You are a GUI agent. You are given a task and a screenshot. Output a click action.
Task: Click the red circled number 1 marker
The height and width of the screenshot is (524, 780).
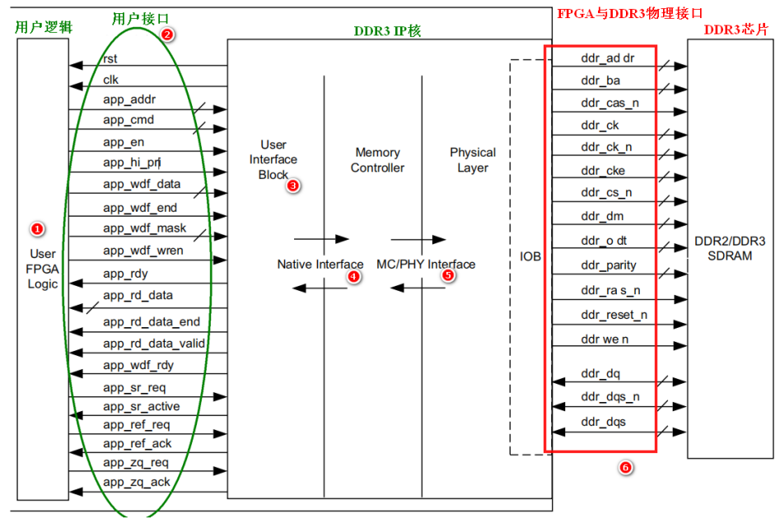click(x=37, y=229)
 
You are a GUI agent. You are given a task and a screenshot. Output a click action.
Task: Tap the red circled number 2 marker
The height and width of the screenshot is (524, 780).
click(x=167, y=35)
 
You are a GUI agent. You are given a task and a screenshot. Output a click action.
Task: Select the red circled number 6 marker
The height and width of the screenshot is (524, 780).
click(x=625, y=467)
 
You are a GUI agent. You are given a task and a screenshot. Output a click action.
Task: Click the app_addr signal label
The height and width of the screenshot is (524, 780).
click(x=129, y=100)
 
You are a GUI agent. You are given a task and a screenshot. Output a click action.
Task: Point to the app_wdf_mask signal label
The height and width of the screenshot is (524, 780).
click(x=144, y=228)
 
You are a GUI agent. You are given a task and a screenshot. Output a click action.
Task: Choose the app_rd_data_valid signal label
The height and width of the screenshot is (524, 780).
click(x=154, y=344)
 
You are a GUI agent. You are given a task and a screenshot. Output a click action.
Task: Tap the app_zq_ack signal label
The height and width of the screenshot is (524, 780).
click(x=136, y=482)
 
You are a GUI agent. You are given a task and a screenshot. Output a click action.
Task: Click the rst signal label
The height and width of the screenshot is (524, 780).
click(x=110, y=58)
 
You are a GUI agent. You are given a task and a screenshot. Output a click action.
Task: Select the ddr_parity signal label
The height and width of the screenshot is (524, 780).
click(x=609, y=265)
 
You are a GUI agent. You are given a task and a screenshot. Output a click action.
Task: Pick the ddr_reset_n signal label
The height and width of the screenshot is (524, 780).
click(x=614, y=315)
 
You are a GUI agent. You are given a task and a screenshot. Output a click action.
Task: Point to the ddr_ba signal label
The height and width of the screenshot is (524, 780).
click(x=600, y=81)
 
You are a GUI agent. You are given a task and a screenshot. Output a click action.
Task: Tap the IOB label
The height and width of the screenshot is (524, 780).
click(x=530, y=256)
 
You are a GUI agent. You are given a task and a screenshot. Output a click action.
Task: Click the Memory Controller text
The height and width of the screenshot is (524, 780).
click(x=377, y=160)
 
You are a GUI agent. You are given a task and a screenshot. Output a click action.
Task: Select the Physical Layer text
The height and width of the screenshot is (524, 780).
click(x=473, y=160)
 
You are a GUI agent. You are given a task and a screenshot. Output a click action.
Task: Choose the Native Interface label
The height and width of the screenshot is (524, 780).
click(x=320, y=264)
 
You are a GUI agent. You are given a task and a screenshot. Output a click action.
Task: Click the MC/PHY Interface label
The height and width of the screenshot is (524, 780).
click(x=426, y=264)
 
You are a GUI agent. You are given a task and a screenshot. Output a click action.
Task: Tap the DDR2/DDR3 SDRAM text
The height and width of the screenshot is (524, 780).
click(x=730, y=248)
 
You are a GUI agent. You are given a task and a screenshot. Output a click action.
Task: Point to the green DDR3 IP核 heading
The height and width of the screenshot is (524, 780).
click(x=387, y=31)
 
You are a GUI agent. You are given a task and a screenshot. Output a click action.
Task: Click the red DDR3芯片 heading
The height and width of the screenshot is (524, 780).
click(x=736, y=30)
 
